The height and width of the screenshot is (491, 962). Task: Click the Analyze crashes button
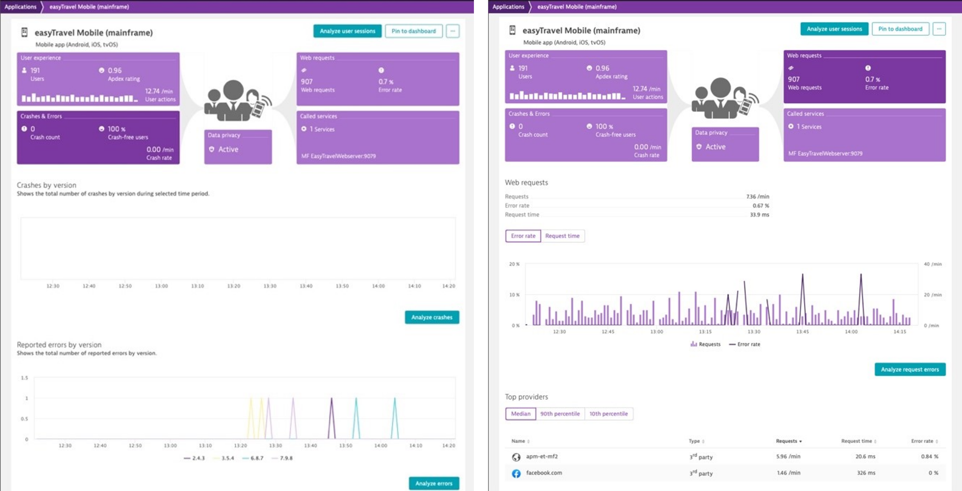(432, 317)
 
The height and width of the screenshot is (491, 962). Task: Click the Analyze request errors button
(909, 369)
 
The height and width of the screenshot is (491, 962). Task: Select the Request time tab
(562, 236)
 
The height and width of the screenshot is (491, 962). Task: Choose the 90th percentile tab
(559, 414)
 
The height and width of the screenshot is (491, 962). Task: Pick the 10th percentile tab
(608, 414)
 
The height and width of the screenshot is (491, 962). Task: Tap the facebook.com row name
(543, 473)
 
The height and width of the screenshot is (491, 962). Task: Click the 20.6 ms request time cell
(865, 456)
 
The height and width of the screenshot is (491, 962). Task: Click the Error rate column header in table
(922, 441)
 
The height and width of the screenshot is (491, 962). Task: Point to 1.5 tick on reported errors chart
(24, 378)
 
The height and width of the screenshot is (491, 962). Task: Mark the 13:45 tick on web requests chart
(802, 332)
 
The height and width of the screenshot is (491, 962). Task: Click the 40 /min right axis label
(932, 264)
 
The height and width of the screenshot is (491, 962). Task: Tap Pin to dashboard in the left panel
(413, 31)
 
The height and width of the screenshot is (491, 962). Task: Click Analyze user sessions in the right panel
(834, 29)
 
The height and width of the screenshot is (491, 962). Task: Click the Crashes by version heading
(47, 185)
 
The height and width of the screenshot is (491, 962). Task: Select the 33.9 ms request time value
(759, 215)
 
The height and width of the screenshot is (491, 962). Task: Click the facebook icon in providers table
(516, 473)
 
